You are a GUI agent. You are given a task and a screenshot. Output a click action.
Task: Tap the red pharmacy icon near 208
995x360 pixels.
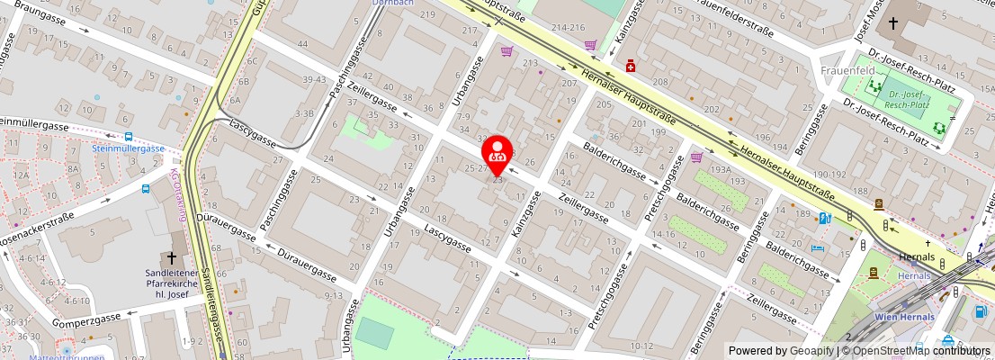[x=632, y=66]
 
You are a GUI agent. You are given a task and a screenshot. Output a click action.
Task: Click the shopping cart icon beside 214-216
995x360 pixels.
[x=589, y=44]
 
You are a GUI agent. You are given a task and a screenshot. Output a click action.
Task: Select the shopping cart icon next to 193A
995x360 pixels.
[x=696, y=157]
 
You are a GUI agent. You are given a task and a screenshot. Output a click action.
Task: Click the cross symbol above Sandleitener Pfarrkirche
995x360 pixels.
[x=172, y=257]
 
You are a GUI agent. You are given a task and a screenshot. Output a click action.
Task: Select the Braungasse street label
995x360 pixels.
[x=43, y=16]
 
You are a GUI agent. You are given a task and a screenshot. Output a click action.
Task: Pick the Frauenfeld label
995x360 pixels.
[x=842, y=70]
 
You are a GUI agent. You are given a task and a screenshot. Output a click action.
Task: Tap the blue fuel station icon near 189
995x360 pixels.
[x=824, y=217]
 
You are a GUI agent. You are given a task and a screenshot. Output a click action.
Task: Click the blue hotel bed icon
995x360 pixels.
[x=817, y=248]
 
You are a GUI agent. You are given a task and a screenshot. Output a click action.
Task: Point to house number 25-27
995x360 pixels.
[x=475, y=168]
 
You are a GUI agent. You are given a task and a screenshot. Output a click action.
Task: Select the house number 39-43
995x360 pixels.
[x=315, y=80]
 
